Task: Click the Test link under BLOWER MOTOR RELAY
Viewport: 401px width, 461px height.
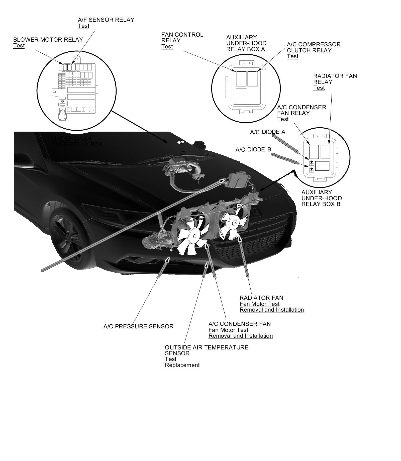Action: click(x=19, y=46)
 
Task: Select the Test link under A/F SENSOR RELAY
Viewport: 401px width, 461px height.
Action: click(x=83, y=26)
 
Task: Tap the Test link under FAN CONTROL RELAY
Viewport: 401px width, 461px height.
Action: click(x=167, y=47)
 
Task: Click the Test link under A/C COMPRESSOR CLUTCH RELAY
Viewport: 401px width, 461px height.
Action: click(x=292, y=56)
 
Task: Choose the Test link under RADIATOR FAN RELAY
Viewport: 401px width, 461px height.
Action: click(x=319, y=88)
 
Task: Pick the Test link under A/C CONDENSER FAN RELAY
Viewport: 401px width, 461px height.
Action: click(x=283, y=119)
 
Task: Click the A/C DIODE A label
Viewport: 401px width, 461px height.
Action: click(x=267, y=132)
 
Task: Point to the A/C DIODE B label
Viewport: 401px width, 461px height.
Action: click(x=253, y=150)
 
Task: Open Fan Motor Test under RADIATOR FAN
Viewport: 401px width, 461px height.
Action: click(x=259, y=304)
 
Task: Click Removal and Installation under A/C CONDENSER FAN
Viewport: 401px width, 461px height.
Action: click(x=240, y=336)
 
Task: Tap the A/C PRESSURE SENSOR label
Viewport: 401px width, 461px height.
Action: click(x=138, y=327)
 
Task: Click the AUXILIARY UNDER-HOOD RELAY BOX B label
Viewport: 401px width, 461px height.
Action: click(x=321, y=198)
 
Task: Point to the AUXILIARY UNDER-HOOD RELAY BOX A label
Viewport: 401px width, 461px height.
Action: click(x=246, y=43)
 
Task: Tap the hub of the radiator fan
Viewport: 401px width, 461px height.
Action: click(x=234, y=222)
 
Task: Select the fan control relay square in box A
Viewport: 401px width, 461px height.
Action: click(x=241, y=79)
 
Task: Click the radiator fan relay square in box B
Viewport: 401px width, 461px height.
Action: click(x=325, y=152)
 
